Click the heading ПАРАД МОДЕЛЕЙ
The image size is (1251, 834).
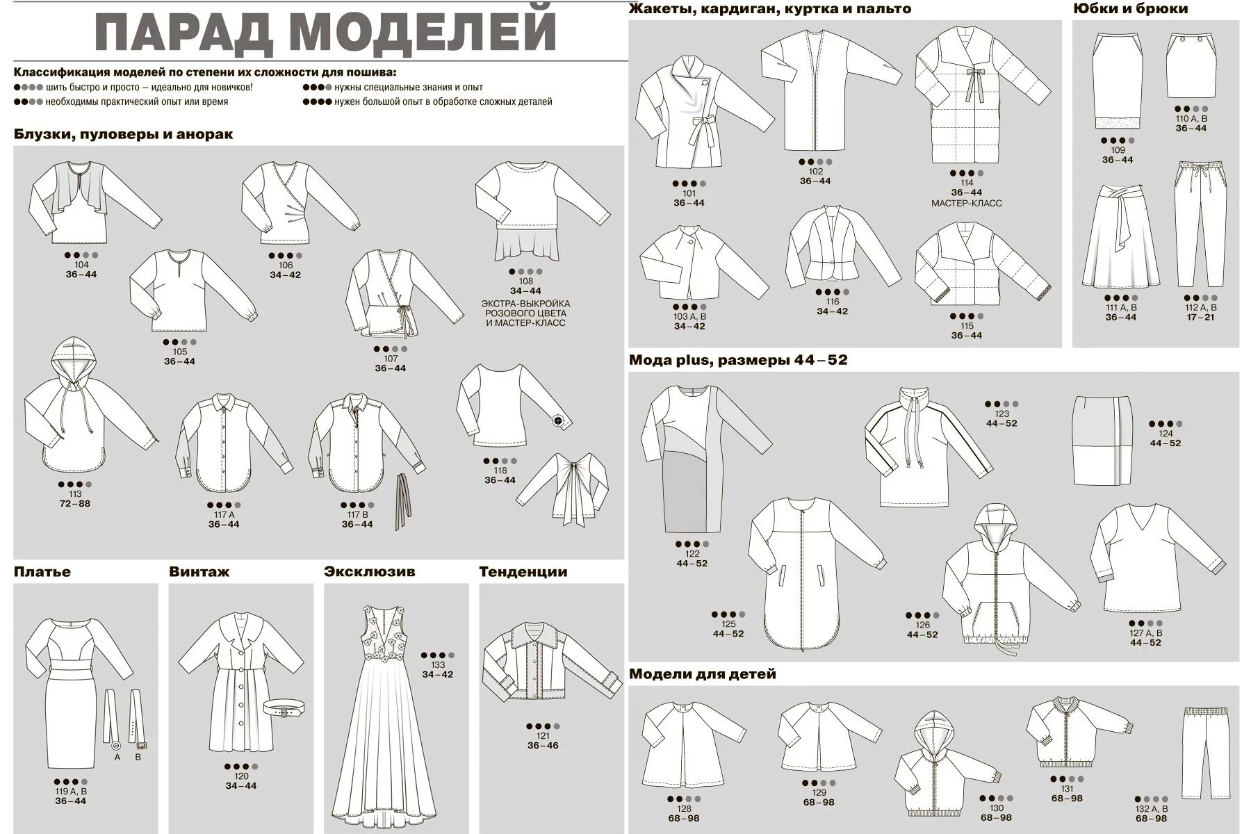tap(325, 32)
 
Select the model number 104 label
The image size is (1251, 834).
tap(81, 265)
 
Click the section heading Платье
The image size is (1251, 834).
tap(42, 572)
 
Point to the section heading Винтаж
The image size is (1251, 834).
tap(199, 572)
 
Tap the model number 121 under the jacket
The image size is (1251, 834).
tap(543, 736)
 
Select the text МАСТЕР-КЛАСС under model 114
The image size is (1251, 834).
tap(967, 204)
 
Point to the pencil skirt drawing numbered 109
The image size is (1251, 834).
tap(1117, 81)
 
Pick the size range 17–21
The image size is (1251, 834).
tap(1200, 318)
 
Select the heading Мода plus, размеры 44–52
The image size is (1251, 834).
tap(738, 360)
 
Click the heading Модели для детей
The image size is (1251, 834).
tap(702, 674)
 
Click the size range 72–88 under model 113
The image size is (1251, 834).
tap(75, 504)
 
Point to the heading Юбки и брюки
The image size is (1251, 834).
tap(1131, 9)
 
